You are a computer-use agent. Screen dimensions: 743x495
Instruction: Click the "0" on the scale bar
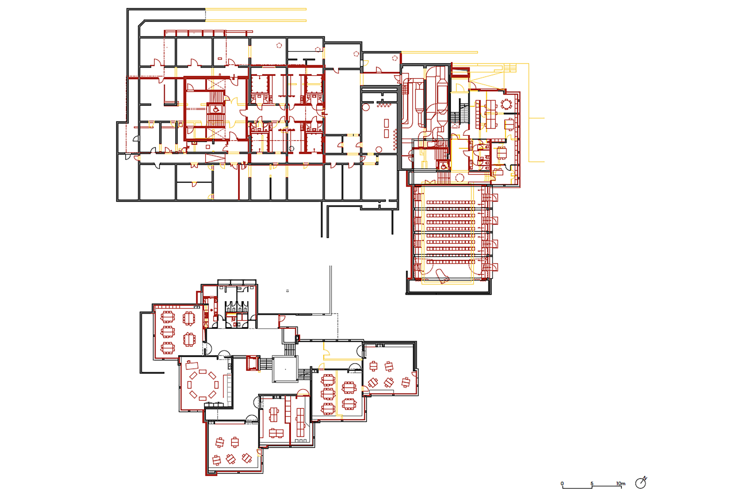click(562, 483)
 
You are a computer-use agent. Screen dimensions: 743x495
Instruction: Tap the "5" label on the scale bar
click(592, 483)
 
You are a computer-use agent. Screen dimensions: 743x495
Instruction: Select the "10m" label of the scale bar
click(621, 483)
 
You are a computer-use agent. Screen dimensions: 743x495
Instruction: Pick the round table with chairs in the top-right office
click(506, 104)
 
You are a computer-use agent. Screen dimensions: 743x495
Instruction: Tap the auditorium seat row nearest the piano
click(451, 262)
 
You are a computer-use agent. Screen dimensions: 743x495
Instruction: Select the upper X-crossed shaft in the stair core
click(215, 85)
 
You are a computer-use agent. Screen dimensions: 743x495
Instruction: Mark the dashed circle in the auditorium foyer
click(460, 178)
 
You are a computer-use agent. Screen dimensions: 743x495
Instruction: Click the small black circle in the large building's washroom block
click(292, 148)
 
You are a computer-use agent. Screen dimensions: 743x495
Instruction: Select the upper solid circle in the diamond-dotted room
click(366, 107)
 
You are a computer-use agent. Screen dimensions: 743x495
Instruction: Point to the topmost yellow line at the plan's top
click(256, 9)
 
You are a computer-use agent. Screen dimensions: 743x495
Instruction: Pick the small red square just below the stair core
click(208, 147)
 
